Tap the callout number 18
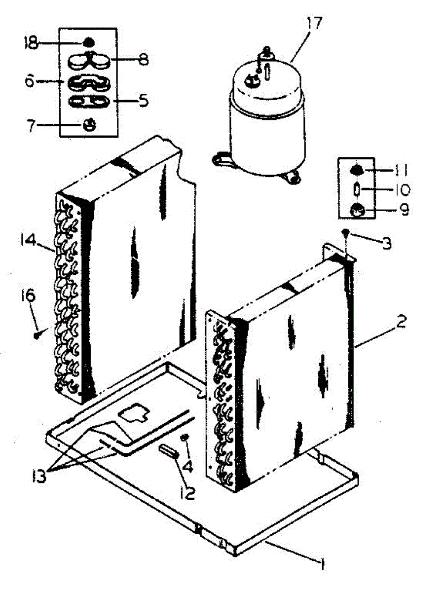31,43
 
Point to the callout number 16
28,296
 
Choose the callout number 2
402,323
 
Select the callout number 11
401,171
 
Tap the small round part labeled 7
89,125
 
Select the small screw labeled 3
347,232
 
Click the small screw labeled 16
37,335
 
